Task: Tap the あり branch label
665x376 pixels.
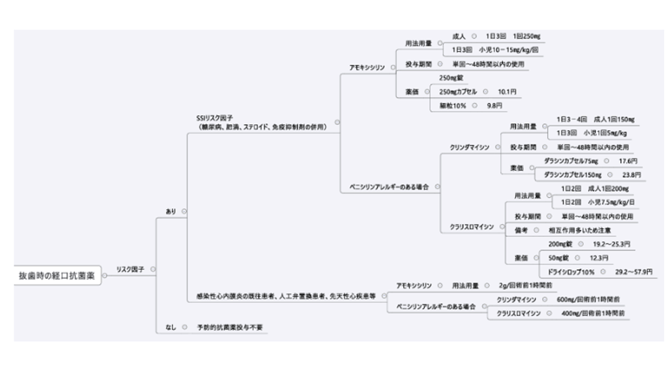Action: pyautogui.click(x=170, y=211)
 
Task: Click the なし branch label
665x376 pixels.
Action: pyautogui.click(x=170, y=327)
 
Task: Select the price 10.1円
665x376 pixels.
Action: pyautogui.click(x=507, y=91)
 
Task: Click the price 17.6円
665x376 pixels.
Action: pyautogui.click(x=627, y=160)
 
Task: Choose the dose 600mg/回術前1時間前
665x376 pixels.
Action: pyautogui.click(x=587, y=299)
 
